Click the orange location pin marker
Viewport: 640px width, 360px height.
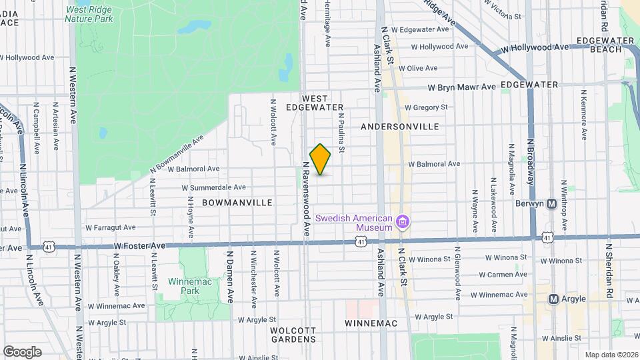tap(321, 159)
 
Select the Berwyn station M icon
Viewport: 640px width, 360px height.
tap(551, 203)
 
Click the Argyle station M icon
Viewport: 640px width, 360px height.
tap(553, 299)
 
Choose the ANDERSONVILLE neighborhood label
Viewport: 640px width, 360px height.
tap(399, 126)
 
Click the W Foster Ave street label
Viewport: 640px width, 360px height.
tap(139, 245)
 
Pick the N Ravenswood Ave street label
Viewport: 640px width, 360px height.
tap(306, 199)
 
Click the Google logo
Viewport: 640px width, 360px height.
tap(22, 351)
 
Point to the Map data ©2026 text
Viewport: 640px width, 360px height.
tap(611, 355)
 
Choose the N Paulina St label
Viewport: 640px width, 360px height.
tap(340, 132)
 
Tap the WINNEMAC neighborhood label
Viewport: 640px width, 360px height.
tap(371, 323)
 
